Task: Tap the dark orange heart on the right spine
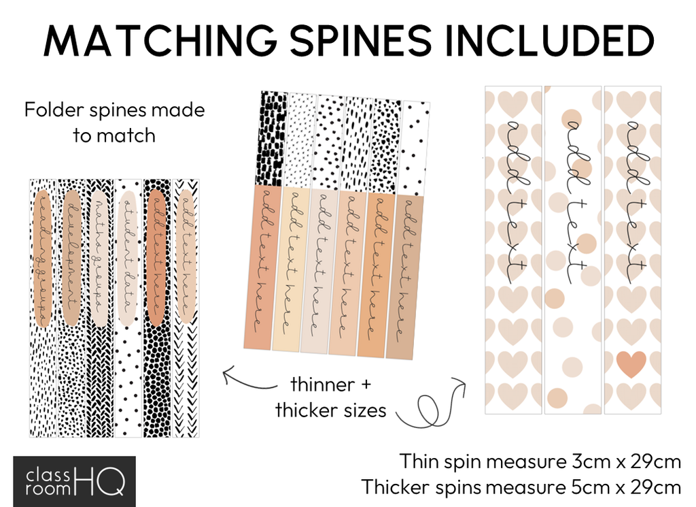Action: (632, 364)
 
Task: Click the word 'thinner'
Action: (322, 385)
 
